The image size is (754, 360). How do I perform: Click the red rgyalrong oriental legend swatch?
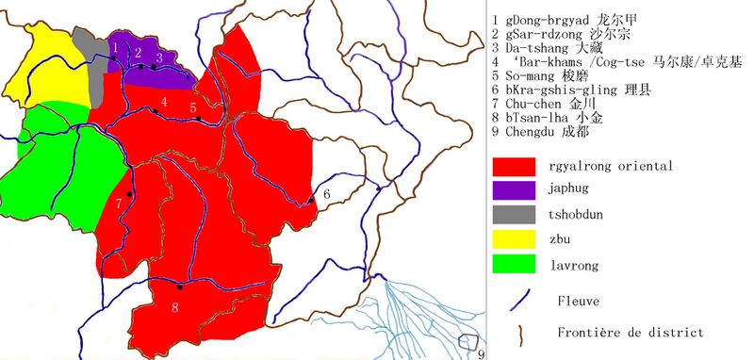pyautogui.click(x=514, y=166)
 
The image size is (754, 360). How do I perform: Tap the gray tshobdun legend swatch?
pyautogui.click(x=514, y=215)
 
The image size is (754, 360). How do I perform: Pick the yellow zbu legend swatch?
pyautogui.click(x=514, y=239)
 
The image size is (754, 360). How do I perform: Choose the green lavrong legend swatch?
pyautogui.click(x=514, y=264)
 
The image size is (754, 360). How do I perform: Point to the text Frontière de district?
pyautogui.click(x=630, y=332)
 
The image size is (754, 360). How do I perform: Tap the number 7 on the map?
pyautogui.click(x=119, y=203)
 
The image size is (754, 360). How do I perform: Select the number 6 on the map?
pyautogui.click(x=325, y=193)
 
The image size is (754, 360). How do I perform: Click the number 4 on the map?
pyautogui.click(x=164, y=101)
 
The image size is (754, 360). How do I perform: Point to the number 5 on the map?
pyautogui.click(x=192, y=107)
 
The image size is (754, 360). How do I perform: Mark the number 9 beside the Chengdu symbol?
pyautogui.click(x=480, y=353)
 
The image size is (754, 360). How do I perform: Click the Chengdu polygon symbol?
pyautogui.click(x=466, y=341)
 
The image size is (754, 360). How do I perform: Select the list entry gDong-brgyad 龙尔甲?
pyautogui.click(x=565, y=19)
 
